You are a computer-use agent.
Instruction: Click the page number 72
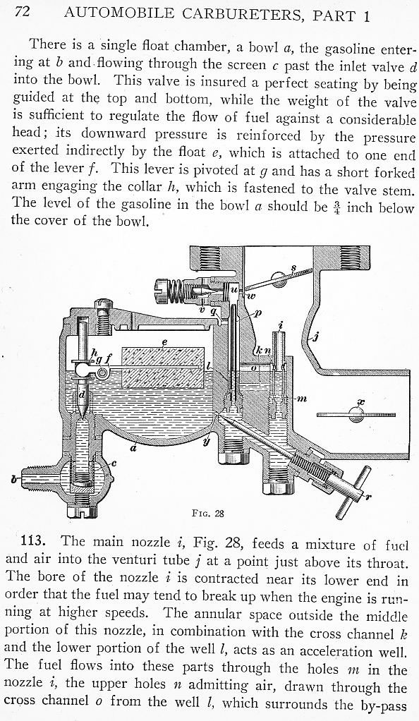(23, 11)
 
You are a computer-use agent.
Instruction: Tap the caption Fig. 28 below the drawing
(208, 513)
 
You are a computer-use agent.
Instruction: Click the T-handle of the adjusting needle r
(352, 492)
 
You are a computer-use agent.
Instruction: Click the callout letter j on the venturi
(315, 338)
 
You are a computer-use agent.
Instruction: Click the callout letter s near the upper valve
(293, 267)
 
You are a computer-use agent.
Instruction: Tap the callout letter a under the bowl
(133, 447)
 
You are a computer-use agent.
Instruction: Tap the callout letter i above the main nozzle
(281, 326)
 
